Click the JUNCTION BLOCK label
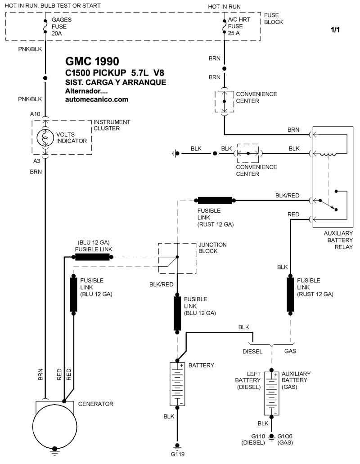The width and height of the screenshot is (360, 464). (x=212, y=248)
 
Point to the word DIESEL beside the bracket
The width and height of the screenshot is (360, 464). (x=252, y=352)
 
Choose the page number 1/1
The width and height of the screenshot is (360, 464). (x=336, y=31)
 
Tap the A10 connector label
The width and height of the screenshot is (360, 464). (x=36, y=114)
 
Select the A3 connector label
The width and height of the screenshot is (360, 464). (x=36, y=161)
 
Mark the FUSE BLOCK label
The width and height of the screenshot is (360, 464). (x=274, y=18)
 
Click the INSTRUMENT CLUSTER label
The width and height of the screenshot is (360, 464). (x=112, y=125)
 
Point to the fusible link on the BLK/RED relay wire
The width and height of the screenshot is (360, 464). (x=215, y=200)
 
